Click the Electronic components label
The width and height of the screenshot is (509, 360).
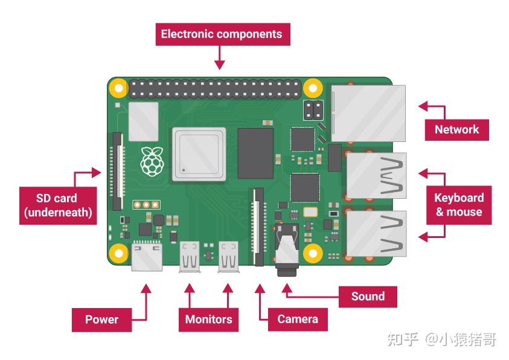pos(223,34)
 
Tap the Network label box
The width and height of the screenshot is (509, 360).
pos(456,130)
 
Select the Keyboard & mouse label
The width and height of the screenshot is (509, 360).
pos(459,205)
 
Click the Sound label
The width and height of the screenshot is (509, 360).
pos(368,297)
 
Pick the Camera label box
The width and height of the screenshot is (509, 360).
pos(298,320)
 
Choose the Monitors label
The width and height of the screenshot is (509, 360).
pos(208,320)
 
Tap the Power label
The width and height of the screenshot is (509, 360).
pos(101,320)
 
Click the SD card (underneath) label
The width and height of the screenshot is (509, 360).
pos(58,205)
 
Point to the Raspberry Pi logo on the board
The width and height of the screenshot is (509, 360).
pos(152,161)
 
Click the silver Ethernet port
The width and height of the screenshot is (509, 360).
pos(368,114)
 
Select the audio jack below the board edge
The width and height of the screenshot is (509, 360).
pos(286,250)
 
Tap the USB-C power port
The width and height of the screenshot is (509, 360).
pos(147,257)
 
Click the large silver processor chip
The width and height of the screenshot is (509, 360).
pos(199,154)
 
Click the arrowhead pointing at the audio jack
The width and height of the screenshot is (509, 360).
pos(287,288)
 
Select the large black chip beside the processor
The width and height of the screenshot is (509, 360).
pos(255,153)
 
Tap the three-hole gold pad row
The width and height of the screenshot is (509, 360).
pos(146,205)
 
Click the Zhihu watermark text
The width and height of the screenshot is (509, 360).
pos(441,339)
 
